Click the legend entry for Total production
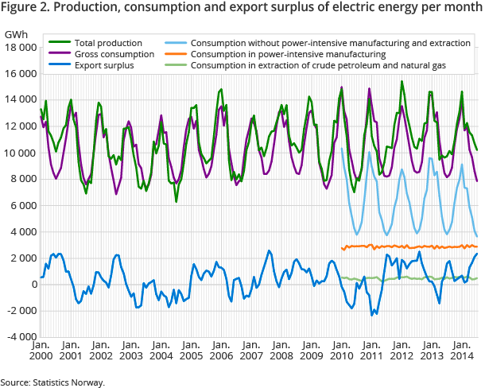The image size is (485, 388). click(x=108, y=42)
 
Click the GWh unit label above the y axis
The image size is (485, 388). click(x=15, y=35)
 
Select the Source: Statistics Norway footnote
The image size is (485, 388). click(x=52, y=382)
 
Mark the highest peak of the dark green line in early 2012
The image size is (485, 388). click(x=402, y=81)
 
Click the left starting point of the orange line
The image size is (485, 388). click(x=341, y=247)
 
